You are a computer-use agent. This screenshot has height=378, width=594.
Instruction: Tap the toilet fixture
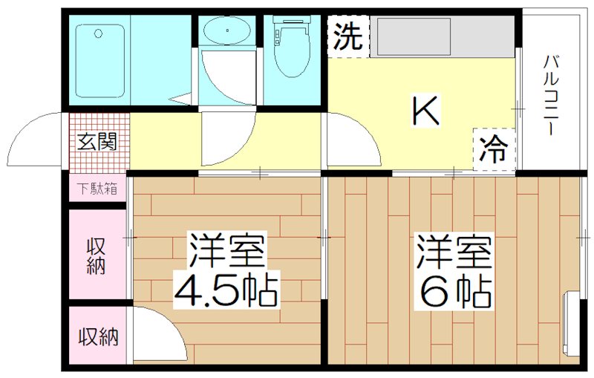coord(287,45)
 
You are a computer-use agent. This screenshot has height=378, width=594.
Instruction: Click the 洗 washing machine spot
coord(348,36)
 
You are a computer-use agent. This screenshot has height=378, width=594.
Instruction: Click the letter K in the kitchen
coord(426,112)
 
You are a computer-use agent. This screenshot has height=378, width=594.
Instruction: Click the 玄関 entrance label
coord(97,141)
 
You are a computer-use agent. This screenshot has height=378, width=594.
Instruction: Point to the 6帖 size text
coord(455,292)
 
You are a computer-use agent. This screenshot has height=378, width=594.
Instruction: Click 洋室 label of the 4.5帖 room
coord(226,251)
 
